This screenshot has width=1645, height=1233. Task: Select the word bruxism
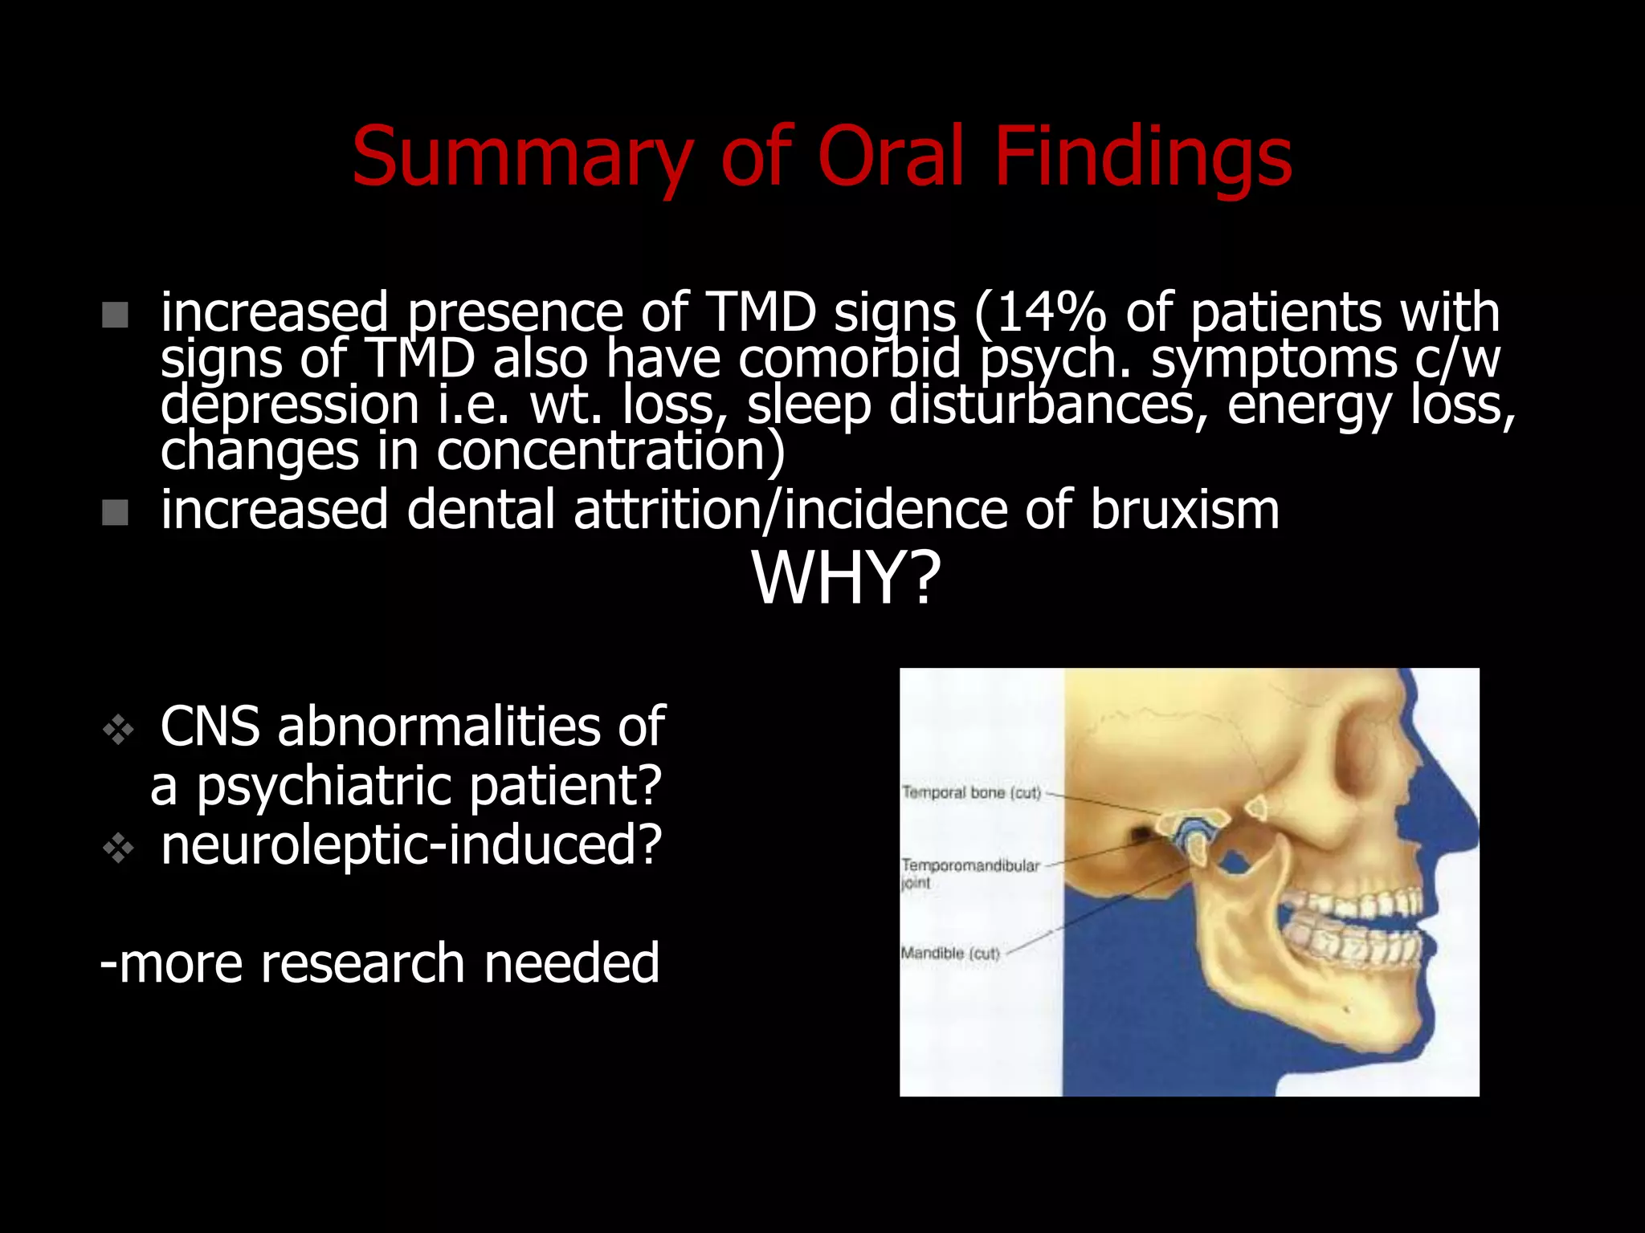(x=1184, y=510)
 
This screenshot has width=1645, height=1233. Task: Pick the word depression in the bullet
(x=289, y=405)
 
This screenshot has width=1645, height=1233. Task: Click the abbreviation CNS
(x=210, y=726)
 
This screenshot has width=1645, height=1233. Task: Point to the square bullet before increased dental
(x=116, y=512)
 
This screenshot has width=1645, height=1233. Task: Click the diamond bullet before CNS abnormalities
(x=118, y=729)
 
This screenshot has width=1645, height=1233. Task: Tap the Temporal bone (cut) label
(x=970, y=793)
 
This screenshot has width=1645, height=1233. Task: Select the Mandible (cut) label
(x=950, y=954)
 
